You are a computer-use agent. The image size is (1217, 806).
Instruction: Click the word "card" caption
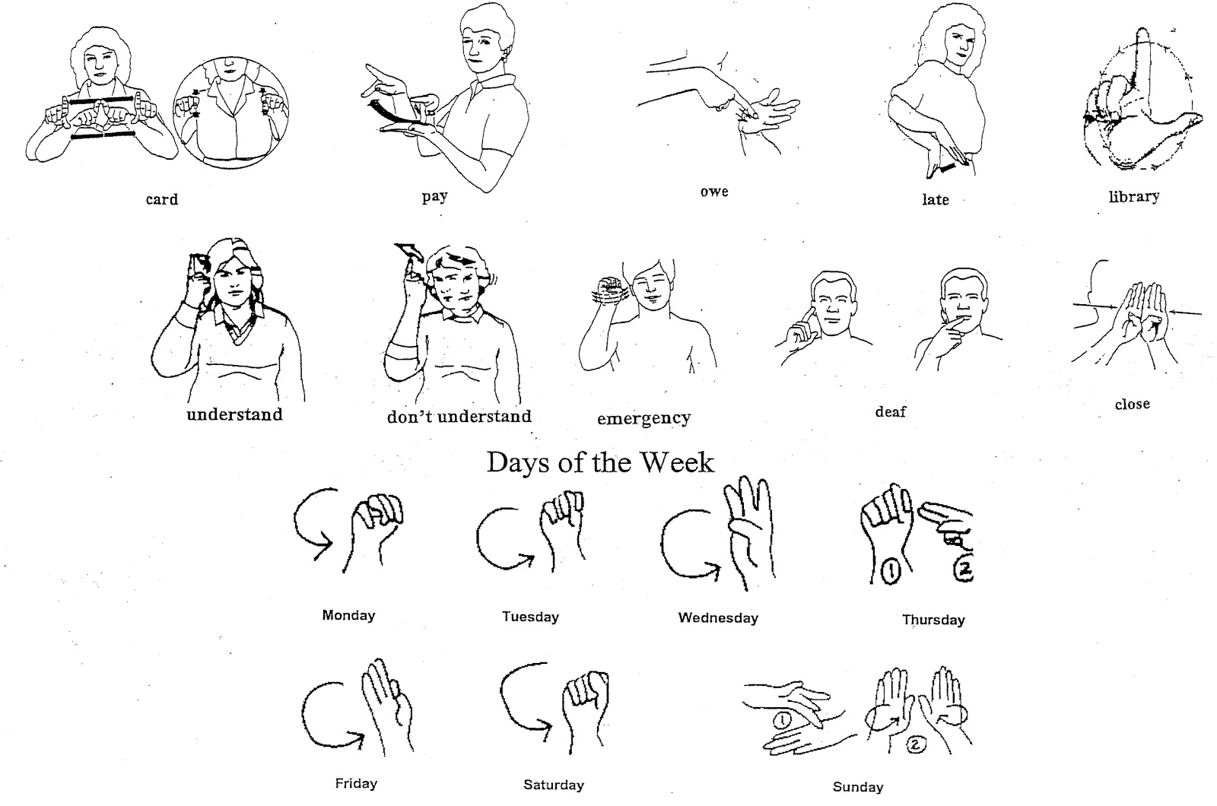pos(162,199)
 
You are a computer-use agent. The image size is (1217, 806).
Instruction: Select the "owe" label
pos(714,192)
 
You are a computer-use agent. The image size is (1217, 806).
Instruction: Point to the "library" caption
pos(1134,196)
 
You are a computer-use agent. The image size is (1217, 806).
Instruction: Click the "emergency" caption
pos(643,419)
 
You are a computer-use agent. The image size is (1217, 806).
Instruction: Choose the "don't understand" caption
pos(459,417)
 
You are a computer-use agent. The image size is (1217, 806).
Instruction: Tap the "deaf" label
pos(891,411)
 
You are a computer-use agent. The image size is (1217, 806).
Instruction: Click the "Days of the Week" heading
pos(600,463)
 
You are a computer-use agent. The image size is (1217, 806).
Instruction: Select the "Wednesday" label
pos(718,617)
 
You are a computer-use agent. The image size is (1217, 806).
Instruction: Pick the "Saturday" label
pos(554,784)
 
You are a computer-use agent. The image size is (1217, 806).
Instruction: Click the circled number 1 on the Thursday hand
pos(890,571)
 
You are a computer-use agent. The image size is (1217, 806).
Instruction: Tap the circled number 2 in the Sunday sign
pos(914,744)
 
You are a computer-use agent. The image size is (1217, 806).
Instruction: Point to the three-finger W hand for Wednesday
pos(750,532)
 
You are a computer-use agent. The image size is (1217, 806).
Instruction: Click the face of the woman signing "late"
pos(959,43)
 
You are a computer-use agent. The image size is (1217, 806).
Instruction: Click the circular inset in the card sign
pos(231,113)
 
